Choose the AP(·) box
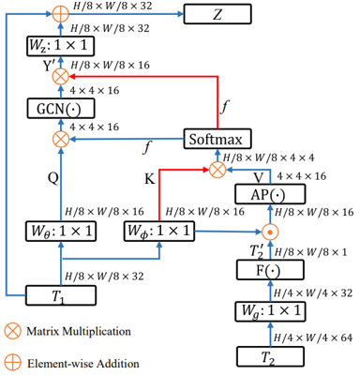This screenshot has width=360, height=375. click(x=271, y=194)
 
